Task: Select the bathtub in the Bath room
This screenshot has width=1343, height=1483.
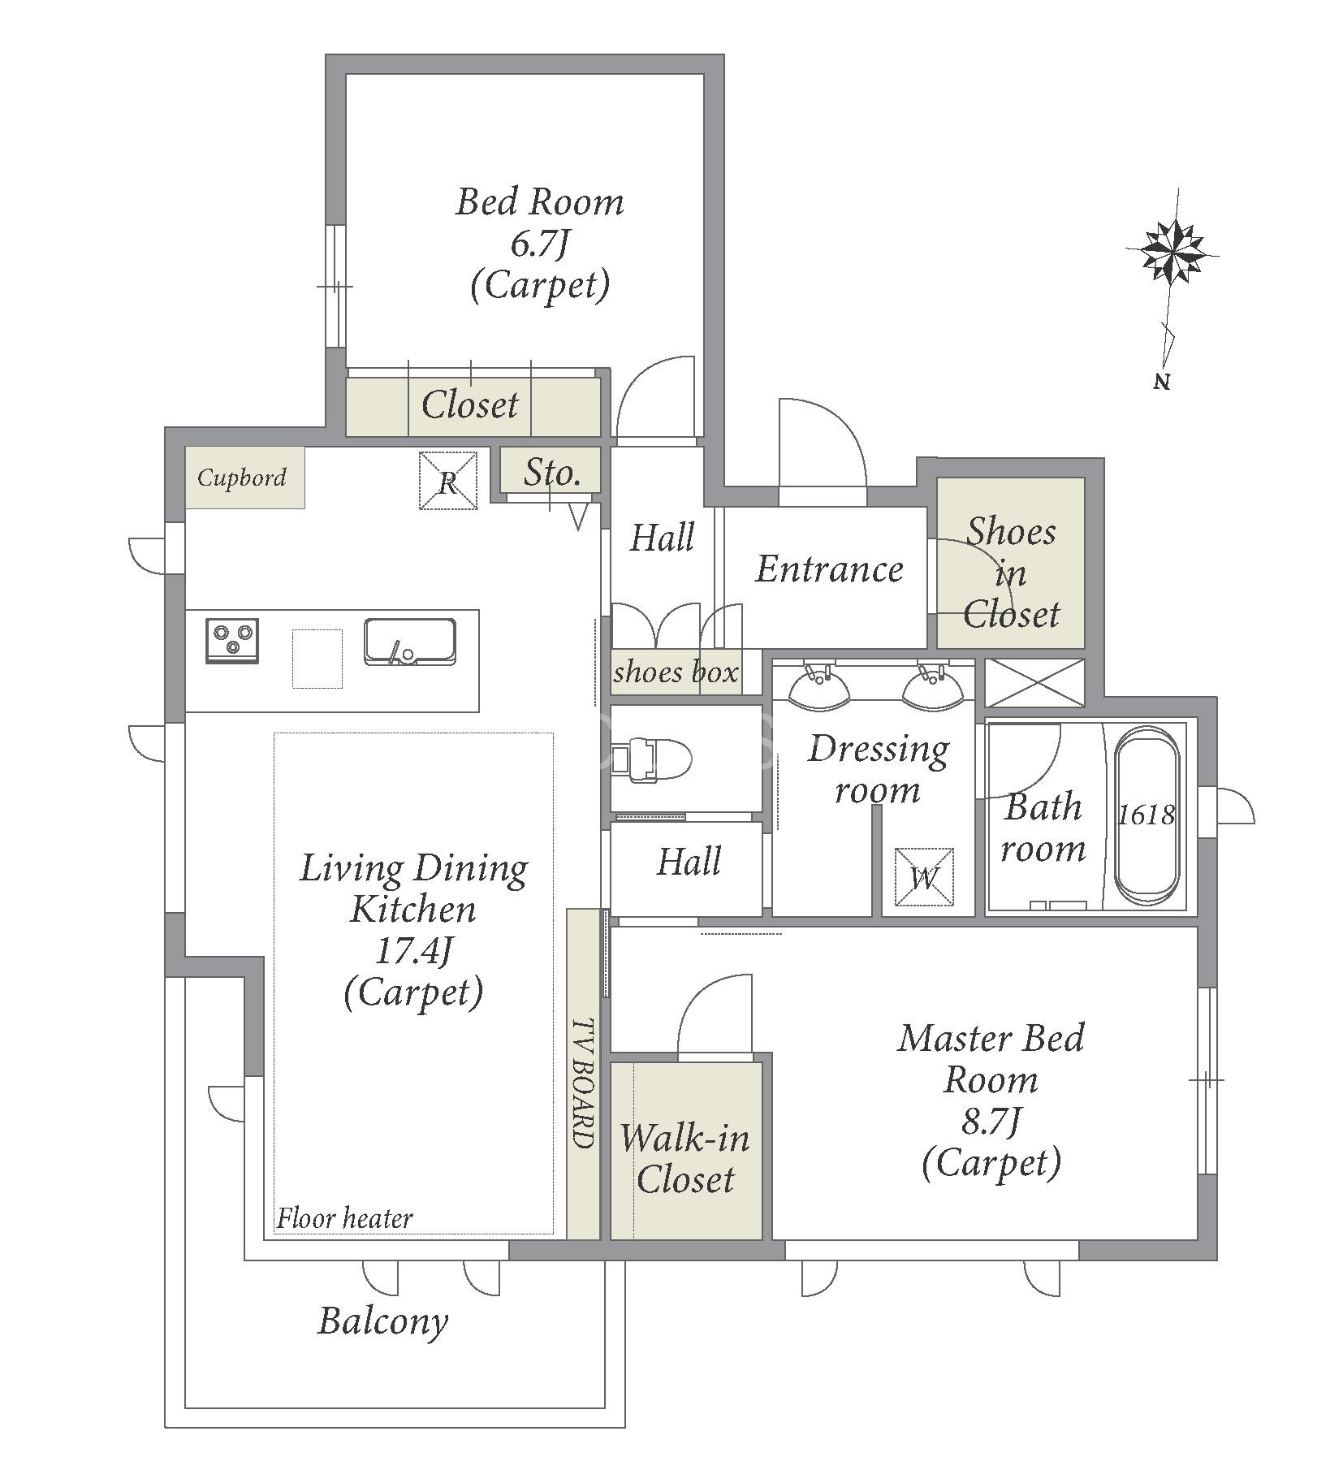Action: pos(1146,815)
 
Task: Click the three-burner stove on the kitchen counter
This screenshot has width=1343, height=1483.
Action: pos(232,641)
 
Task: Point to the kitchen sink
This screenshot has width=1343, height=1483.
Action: pos(409,642)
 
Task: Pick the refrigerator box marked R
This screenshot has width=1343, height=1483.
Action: pos(447,481)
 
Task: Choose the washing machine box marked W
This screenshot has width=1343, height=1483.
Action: pos(924,876)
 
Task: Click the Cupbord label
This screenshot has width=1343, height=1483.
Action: pos(242,477)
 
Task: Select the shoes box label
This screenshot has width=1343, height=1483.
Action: pos(676,672)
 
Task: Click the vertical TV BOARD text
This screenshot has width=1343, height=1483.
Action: pos(583,1083)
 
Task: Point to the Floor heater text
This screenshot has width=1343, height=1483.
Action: pos(344,1218)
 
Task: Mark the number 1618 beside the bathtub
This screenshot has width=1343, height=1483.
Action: pos(1146,815)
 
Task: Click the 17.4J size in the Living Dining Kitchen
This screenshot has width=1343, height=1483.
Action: pos(413,950)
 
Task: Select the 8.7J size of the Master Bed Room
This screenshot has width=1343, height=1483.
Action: pos(991,1122)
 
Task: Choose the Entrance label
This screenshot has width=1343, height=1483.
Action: pos(829,569)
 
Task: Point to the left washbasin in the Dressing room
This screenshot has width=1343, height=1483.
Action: pos(819,688)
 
